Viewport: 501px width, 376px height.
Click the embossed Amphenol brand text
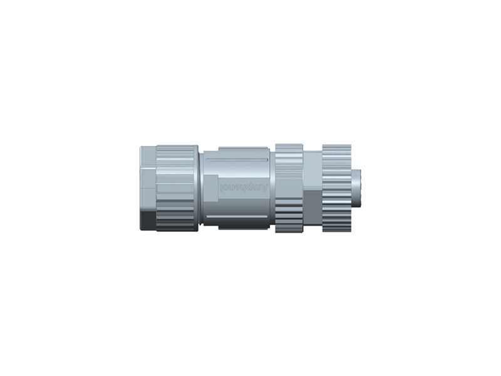[x=244, y=187]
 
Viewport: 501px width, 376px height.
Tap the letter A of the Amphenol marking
[x=264, y=187]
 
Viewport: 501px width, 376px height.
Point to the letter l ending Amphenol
[x=222, y=187]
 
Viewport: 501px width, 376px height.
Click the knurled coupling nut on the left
[x=177, y=188]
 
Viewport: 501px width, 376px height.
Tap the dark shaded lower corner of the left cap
[x=147, y=221]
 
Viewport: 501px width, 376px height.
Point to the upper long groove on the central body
[x=238, y=161]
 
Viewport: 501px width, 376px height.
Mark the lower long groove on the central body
[x=238, y=217]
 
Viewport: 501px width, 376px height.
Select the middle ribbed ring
[x=289, y=188]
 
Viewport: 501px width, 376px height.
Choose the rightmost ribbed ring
[x=336, y=188]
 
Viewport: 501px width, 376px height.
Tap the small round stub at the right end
[x=358, y=188]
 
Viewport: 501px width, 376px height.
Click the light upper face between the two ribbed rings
[x=312, y=169]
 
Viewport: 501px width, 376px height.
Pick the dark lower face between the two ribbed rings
[x=312, y=210]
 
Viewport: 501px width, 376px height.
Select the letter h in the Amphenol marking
[x=244, y=187]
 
